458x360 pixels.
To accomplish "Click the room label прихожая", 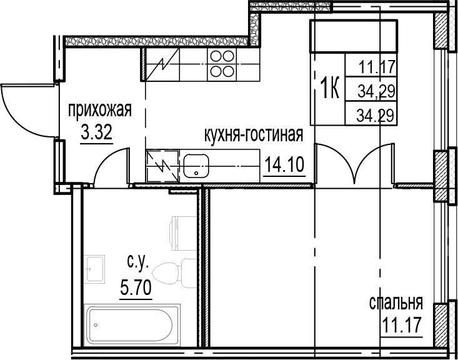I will click(x=99, y=111).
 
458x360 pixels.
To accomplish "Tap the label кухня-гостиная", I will click(x=254, y=135).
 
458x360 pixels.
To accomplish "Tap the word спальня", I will click(x=396, y=304).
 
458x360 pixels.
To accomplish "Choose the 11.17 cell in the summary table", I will click(x=377, y=64).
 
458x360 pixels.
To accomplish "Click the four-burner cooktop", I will click(x=221, y=64).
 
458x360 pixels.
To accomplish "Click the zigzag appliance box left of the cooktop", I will click(x=162, y=64).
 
